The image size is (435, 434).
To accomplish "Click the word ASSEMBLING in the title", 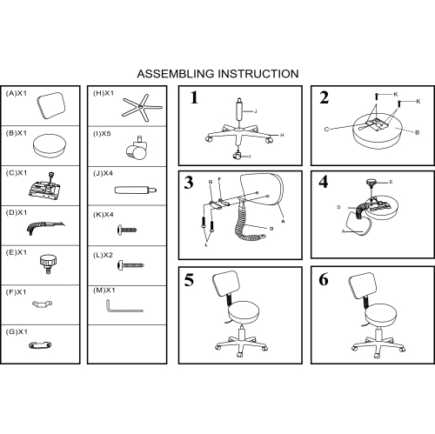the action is tap(176, 74).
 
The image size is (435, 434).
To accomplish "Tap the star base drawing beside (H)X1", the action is tap(142, 108).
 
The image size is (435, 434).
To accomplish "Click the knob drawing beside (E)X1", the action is tap(48, 264).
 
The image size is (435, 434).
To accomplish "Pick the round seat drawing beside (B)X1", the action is tap(50, 145).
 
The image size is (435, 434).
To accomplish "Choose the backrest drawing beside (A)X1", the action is tap(51, 105).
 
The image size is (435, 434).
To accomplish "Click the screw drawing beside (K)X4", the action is tap(127, 230).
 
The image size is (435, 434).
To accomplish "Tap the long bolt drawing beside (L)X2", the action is tap(130, 265).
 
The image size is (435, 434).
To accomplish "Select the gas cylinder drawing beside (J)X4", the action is tap(136, 190).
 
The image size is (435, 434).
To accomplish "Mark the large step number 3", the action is tap(189, 183).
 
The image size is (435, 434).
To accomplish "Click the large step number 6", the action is tap(324, 279).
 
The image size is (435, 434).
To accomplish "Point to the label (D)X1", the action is tap(17, 212).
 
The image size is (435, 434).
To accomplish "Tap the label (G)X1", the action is tap(17, 331).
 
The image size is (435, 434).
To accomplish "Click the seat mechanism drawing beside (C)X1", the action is tap(47, 186).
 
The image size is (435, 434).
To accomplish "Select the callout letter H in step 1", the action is tap(282, 135).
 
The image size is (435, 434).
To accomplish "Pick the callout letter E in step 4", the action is tap(391, 182).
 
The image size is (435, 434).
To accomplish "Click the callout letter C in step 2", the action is tap(326, 130).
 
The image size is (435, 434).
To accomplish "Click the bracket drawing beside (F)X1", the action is tap(43, 304).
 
